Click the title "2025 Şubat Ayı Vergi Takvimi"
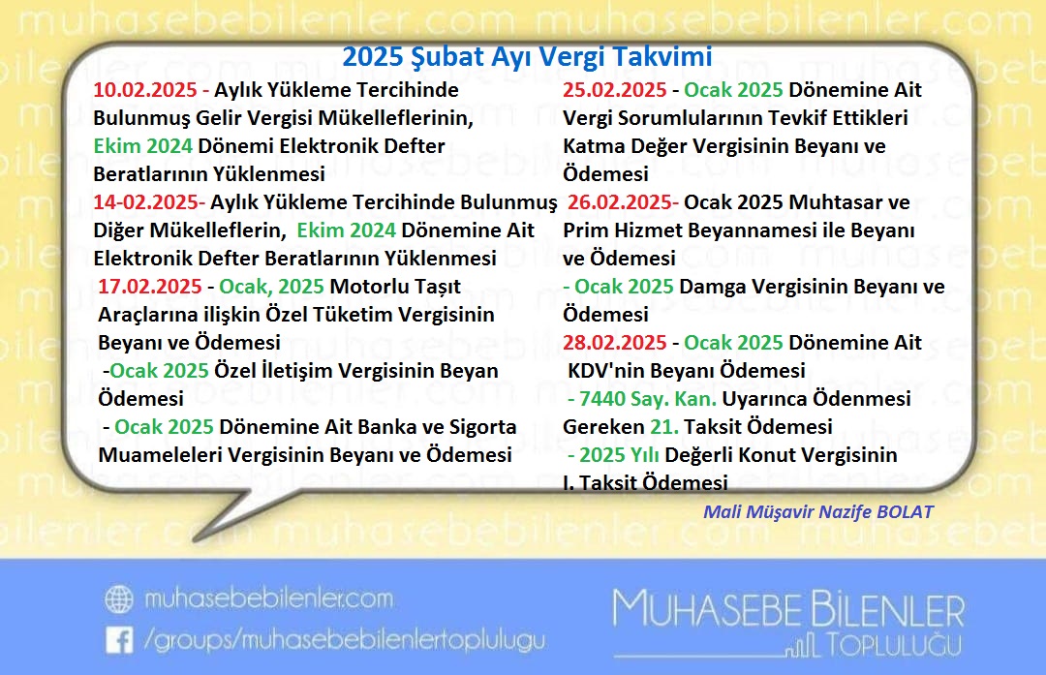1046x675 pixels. coord(527,57)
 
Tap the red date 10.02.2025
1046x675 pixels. coord(146,90)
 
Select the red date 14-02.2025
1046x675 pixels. coord(148,202)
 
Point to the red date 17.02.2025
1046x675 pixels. coord(150,288)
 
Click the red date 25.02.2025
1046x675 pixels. coord(615,90)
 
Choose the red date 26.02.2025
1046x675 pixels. coord(622,202)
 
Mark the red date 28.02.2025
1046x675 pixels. coord(615,343)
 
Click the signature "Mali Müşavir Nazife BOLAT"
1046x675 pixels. coord(818,511)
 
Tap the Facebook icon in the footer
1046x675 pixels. coord(119,639)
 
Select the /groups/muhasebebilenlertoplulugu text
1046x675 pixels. coord(344,639)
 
